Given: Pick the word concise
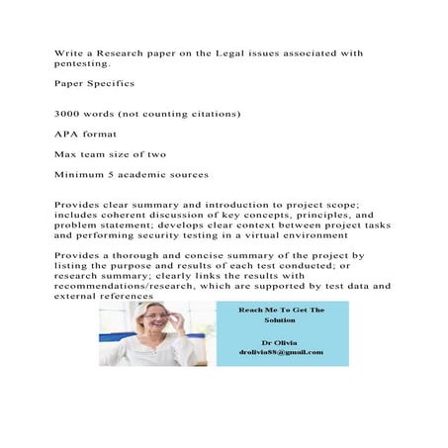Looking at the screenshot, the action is [195, 256].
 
